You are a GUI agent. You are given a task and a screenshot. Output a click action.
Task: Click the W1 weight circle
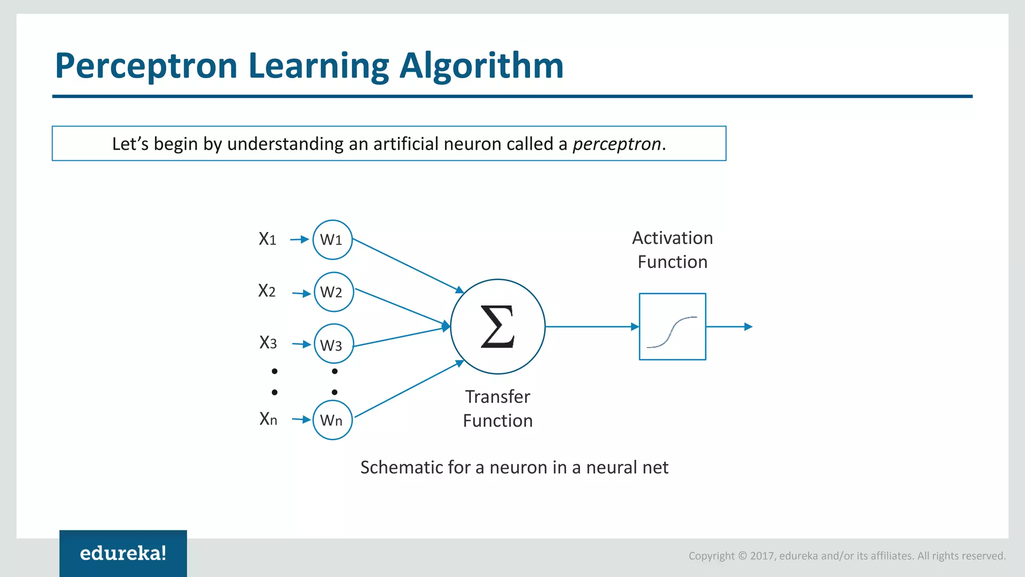[x=332, y=240]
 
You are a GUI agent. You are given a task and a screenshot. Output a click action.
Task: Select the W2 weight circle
[x=334, y=292]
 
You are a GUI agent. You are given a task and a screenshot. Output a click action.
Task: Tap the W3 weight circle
[x=334, y=344]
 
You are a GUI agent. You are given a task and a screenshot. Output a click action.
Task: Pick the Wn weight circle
[x=332, y=420]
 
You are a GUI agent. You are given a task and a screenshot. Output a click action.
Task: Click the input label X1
[x=267, y=239]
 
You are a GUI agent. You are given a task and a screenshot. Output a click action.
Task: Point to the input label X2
[x=267, y=291]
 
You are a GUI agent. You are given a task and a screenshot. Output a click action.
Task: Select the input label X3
[x=268, y=343]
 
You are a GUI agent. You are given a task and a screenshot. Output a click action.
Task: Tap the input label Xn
[x=268, y=419]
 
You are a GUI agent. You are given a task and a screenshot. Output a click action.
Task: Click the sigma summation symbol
[x=497, y=327]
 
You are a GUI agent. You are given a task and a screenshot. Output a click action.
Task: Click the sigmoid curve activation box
[x=672, y=327]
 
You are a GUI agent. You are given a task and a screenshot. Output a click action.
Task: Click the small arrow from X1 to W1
[x=299, y=239]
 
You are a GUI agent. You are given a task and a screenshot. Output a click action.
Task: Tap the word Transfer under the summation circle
[x=497, y=397]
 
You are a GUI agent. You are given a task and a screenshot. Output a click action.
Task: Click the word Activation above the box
[x=672, y=238]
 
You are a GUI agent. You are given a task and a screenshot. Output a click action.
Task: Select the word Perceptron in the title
[x=146, y=66]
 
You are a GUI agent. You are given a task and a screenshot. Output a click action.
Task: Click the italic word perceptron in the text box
[x=617, y=144]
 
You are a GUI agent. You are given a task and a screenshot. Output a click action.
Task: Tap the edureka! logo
[x=123, y=553]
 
